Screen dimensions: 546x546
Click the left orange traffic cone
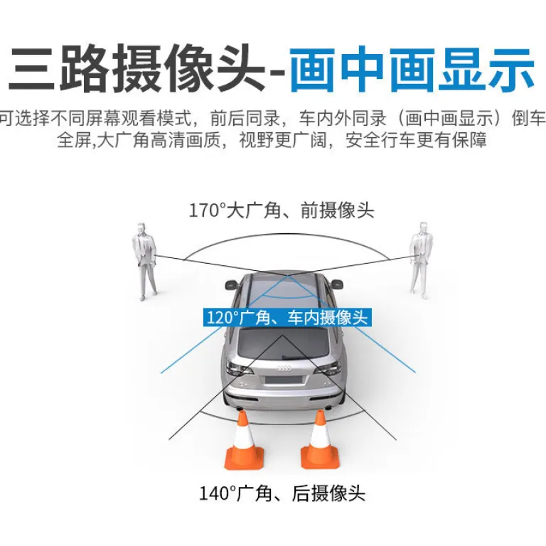(x=243, y=442)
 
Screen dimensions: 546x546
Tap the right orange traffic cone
(x=320, y=441)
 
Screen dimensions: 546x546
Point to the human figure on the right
(x=421, y=260)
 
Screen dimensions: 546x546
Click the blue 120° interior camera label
(x=287, y=318)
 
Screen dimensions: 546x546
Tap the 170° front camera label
(x=282, y=210)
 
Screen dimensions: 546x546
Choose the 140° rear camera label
(x=282, y=493)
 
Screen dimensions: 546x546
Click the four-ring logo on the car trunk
(x=284, y=368)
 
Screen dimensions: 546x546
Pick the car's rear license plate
(x=283, y=380)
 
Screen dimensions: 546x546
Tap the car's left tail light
(x=238, y=368)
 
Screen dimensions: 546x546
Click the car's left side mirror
(x=232, y=284)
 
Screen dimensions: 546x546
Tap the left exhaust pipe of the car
(x=239, y=407)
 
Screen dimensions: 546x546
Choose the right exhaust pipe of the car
(x=328, y=407)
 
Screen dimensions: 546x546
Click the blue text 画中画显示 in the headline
(x=412, y=69)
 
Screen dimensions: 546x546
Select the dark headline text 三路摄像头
(x=136, y=68)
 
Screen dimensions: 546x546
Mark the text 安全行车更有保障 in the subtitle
(x=416, y=140)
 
